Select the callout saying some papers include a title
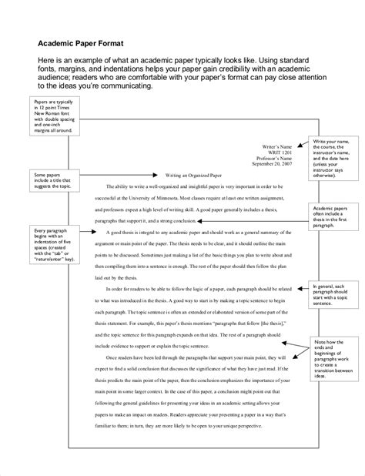(x=51, y=182)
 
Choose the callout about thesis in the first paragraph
(x=333, y=220)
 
